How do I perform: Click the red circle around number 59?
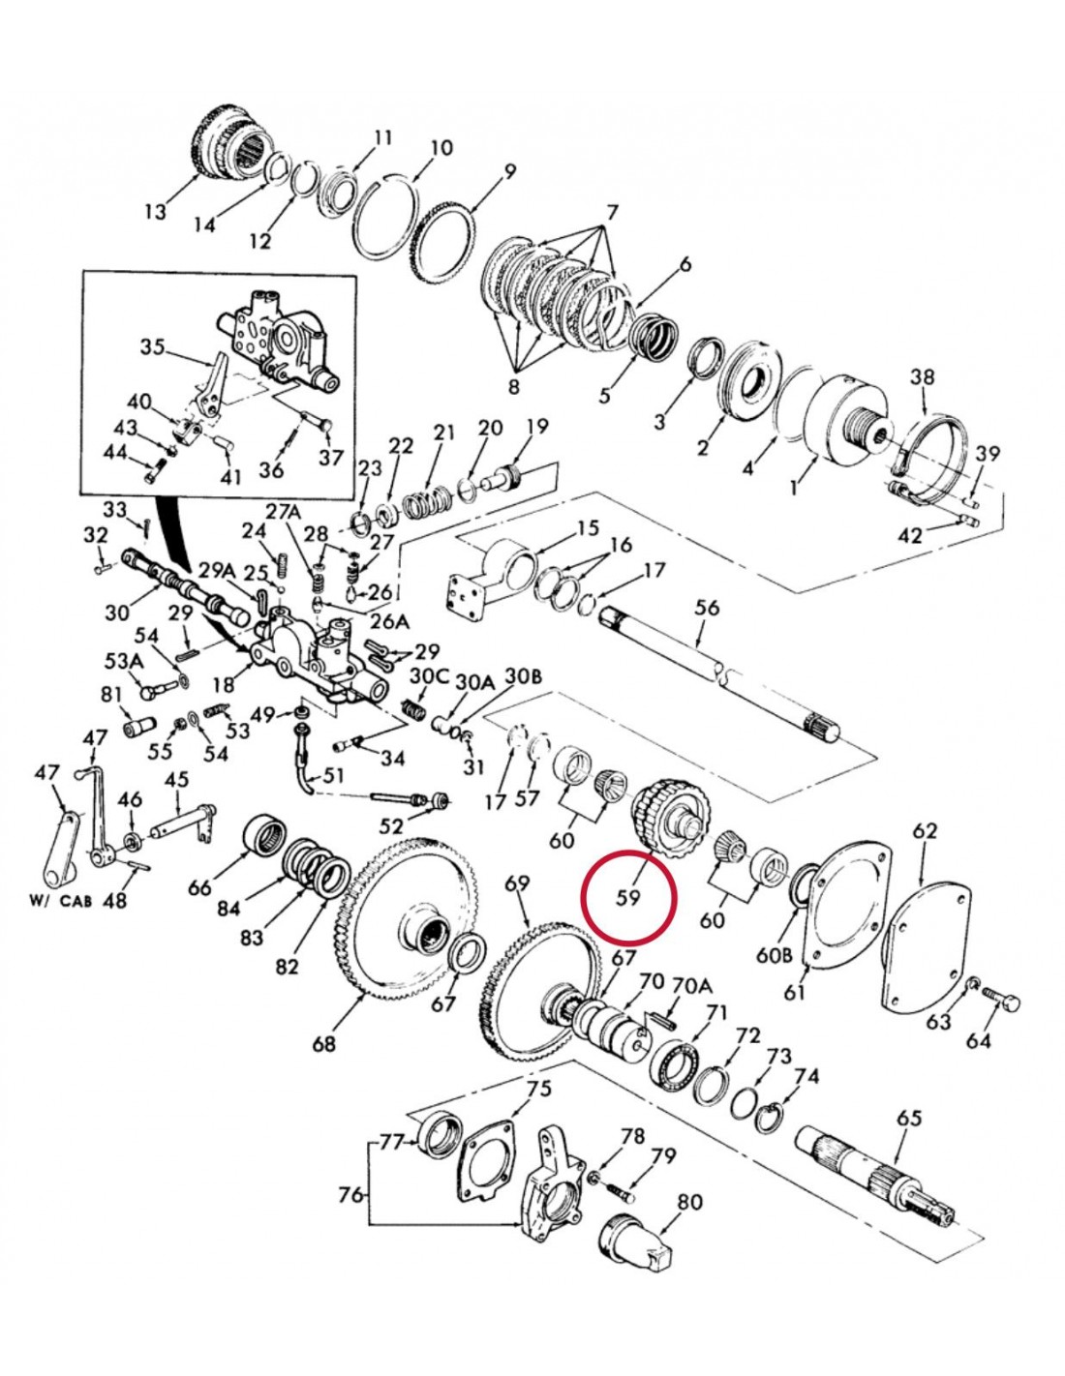coord(627,896)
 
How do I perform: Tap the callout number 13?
coord(156,211)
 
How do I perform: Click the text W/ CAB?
coord(64,899)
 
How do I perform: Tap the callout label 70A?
coord(691,985)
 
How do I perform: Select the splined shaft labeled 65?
coord(881,1176)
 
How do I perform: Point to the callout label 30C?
coord(427,675)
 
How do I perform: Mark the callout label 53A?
coord(123,661)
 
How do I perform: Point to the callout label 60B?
coord(774,954)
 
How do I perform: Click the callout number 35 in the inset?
coord(152,346)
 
